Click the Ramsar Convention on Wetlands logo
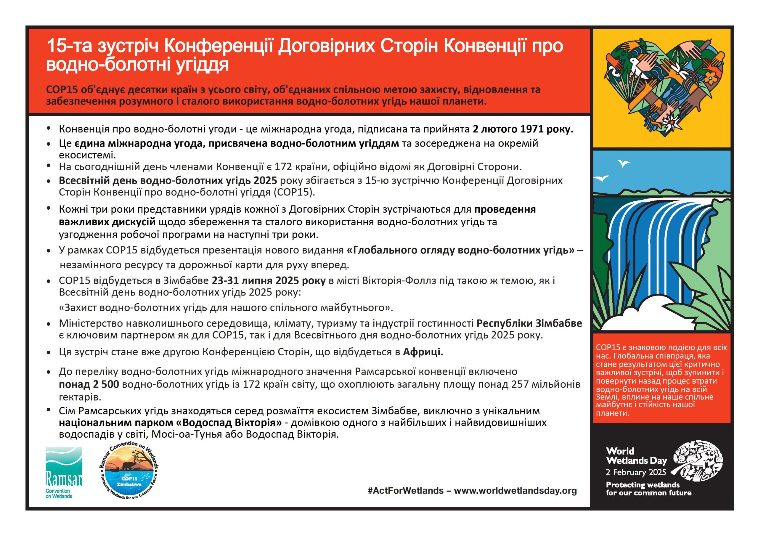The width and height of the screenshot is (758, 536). pos(64,473)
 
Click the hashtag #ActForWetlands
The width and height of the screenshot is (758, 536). pos(405,491)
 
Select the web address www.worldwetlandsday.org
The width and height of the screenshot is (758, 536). pos(515,491)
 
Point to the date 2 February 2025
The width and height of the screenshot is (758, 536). pos(635,472)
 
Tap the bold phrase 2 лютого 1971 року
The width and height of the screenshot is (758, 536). pos(523,129)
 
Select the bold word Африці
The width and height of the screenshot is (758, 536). pos(423,352)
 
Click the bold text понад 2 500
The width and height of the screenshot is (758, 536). pos(89,384)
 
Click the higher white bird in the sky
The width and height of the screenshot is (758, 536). pos(624,163)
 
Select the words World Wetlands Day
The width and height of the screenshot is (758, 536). pos(636,456)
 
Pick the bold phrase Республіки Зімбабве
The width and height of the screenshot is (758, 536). pos(529,323)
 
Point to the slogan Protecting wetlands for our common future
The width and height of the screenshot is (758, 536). pos(648,489)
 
